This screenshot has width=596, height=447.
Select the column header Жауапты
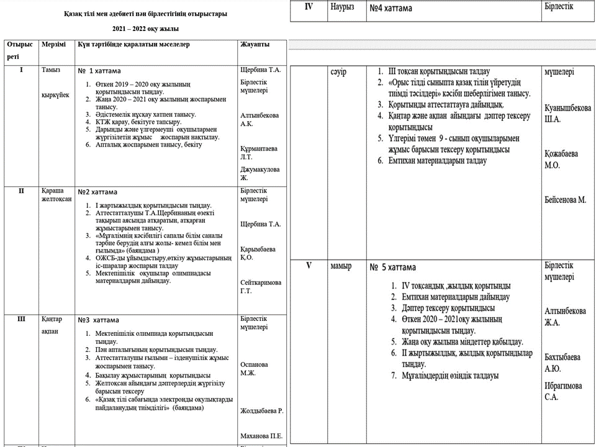[253, 45]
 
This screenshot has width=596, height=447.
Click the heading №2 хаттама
[97, 192]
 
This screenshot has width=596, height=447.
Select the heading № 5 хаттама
[393, 268]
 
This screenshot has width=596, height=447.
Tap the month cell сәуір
[339, 73]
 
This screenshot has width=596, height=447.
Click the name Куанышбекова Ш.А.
[567, 113]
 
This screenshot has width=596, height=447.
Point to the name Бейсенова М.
[565, 200]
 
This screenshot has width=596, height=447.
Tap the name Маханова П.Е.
[261, 436]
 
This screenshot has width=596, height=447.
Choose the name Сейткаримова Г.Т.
[260, 287]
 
